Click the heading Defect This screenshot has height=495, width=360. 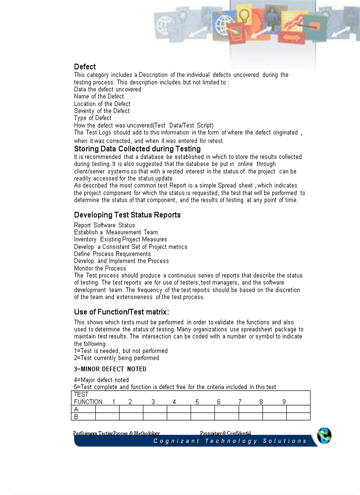click(x=85, y=67)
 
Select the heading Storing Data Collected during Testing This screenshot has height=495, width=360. click(x=137, y=149)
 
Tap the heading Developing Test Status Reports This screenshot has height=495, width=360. click(x=127, y=215)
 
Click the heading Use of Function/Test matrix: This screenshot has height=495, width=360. click(x=121, y=312)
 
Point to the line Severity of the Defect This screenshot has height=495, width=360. click(x=101, y=111)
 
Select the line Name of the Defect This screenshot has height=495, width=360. click(x=99, y=97)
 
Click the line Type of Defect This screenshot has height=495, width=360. click(x=93, y=118)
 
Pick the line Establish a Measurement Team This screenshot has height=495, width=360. click(x=116, y=232)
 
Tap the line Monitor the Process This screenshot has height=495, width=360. click(x=100, y=268)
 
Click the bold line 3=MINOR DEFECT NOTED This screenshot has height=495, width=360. click(x=110, y=369)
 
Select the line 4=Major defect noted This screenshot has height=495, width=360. click(x=101, y=380)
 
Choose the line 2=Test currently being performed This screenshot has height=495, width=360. click(x=116, y=358)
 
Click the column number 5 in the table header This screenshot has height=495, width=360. click(x=197, y=402)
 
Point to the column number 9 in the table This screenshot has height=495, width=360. click(x=284, y=402)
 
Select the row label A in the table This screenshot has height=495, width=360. click(x=76, y=409)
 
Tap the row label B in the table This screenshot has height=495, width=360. click(x=76, y=417)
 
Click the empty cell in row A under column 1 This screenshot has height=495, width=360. click(x=107, y=409)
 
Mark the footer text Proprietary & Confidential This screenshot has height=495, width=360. click(x=225, y=433)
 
